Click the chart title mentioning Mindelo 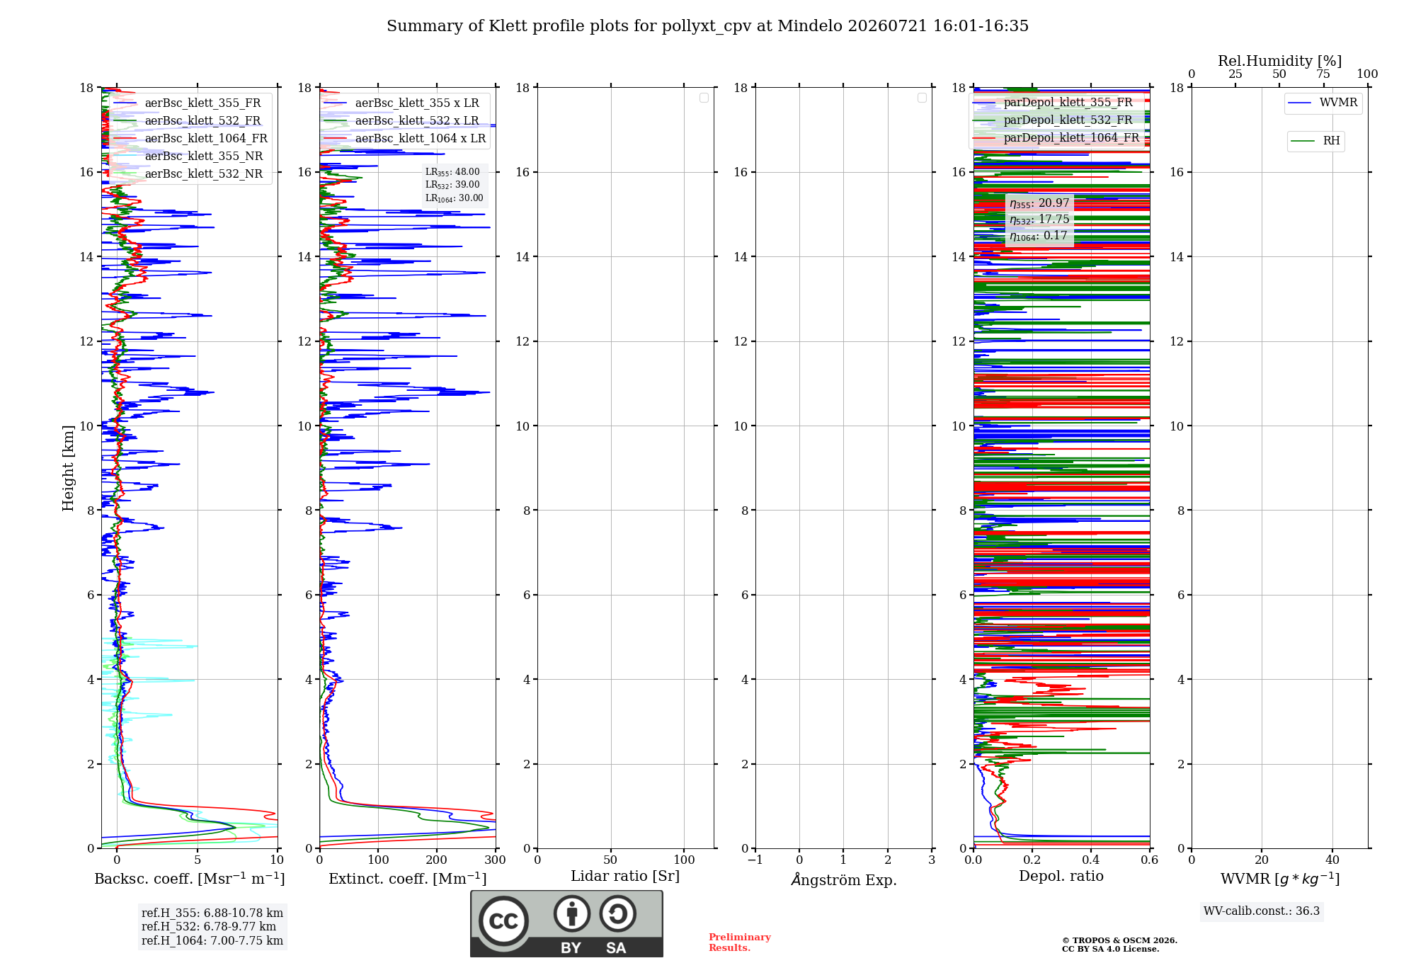(707, 26)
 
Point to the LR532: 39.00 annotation (452, 185)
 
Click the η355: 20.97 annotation (1039, 203)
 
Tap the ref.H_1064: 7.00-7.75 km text (212, 940)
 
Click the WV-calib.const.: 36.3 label (1262, 911)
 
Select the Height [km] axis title (68, 468)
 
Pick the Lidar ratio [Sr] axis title (625, 876)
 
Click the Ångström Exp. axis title (844, 879)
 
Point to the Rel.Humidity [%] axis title (1279, 61)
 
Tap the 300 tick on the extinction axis (495, 860)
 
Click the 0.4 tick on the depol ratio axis (1091, 860)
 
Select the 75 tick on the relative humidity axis (1323, 74)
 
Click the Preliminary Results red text (740, 942)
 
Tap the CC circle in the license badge (503, 921)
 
